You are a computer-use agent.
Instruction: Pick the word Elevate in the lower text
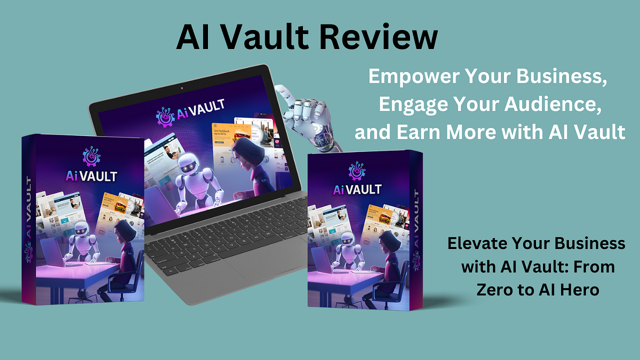(476, 244)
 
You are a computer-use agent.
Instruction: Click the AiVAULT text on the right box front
(357, 189)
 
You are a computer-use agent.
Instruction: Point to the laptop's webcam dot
(181, 87)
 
